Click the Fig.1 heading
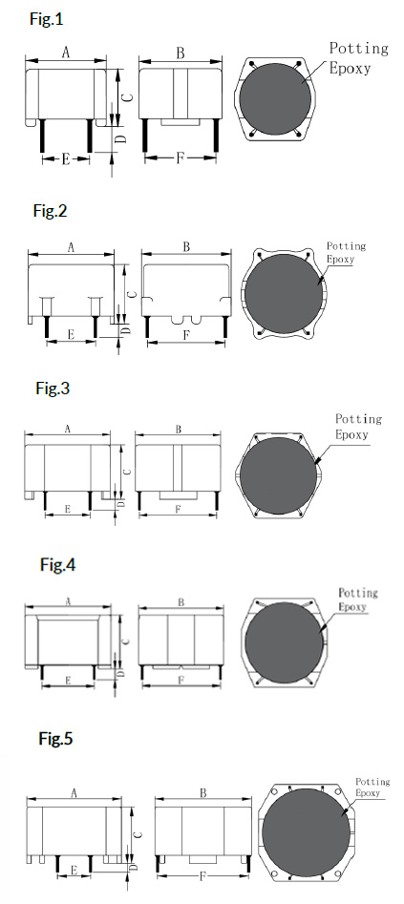pos(46,20)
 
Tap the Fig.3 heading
pos(53,388)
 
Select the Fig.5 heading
pos(56,739)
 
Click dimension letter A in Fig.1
pos(66,53)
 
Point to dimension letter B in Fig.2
pos(186,247)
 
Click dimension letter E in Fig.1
pos(66,159)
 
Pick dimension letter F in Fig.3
pos(179,509)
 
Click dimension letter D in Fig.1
pos(121,138)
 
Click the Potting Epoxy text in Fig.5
pos(372,787)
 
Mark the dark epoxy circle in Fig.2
pos(284,293)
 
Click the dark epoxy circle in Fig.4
pos(284,642)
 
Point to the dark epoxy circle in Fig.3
pos(278,475)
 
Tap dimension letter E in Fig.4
pos(68,681)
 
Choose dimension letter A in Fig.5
pos(74,793)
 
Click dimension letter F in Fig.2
pos(186,335)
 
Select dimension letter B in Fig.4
pos(181,602)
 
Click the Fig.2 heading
pos(50,211)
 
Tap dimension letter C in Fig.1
pos(129,96)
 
